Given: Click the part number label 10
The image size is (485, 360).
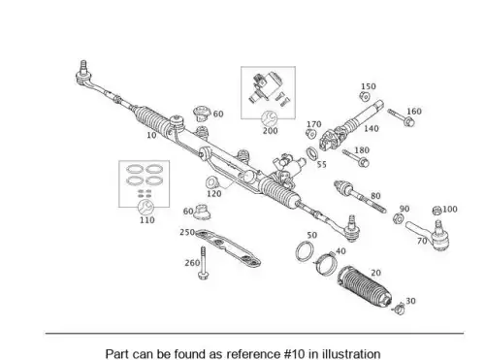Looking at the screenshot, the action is coord(151,135).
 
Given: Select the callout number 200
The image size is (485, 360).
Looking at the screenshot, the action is coord(270,131).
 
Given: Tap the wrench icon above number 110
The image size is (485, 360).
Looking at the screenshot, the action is coord(146,207).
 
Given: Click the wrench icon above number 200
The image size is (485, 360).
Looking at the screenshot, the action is coord(270,118).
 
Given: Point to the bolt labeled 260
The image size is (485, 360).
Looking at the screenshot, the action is coord(204,263).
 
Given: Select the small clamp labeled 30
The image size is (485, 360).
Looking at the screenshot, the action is coord(399,308).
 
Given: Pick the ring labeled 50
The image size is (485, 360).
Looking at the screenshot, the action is coord(305,250).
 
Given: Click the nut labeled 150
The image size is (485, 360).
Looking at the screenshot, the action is coord(365,96).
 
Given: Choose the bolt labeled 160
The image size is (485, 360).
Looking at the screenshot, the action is coord(402,117).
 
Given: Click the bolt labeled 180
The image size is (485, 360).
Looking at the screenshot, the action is coord(356,158).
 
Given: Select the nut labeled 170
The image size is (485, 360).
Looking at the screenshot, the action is coord(310,134).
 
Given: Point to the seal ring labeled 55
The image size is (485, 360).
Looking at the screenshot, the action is coord(312,153).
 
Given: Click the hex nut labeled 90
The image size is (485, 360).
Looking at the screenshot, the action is coord(398,219).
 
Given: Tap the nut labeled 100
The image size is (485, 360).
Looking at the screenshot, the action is coord(436,211).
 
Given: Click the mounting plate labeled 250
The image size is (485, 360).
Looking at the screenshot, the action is coord(228,247).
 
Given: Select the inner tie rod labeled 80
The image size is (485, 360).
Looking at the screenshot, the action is coord(360,196).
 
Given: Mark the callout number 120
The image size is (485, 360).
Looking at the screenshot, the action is coord(214,194).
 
